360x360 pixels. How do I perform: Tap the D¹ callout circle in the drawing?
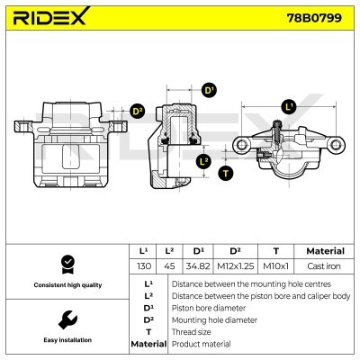tap(208, 90)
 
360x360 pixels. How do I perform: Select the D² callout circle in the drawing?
tap(138, 111)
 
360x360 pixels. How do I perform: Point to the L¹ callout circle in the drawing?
tap(288, 106)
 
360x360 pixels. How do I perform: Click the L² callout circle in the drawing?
tap(203, 161)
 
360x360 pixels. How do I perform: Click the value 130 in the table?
tap(142, 266)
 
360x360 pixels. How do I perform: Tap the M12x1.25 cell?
tap(234, 266)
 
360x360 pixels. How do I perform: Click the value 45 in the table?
tap(170, 266)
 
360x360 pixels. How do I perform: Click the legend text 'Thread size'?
tap(193, 332)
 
